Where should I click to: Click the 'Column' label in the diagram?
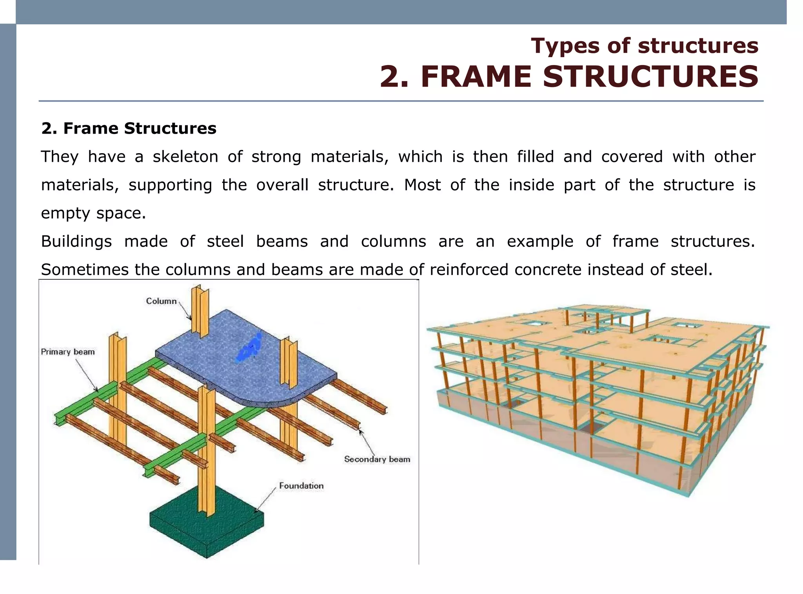pos(161,301)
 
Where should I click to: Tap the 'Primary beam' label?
pos(68,351)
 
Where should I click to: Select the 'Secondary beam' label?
pos(377,459)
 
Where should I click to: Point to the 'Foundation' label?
pos(301,485)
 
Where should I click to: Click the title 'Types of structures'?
pos(645,45)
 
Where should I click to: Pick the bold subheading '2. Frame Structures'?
pos(129,128)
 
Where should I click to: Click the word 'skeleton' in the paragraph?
pos(185,157)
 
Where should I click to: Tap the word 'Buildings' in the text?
pos(76,241)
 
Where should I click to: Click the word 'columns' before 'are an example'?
pos(393,241)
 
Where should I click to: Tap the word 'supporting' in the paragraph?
pos(170,185)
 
